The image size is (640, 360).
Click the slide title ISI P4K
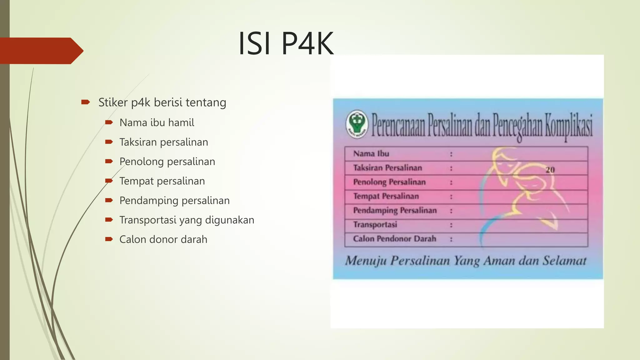tap(286, 43)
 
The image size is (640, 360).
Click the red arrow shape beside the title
tap(41, 51)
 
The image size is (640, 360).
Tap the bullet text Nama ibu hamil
tap(157, 122)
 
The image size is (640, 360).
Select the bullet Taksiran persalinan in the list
tap(163, 142)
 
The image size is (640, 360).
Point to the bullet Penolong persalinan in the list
tap(167, 162)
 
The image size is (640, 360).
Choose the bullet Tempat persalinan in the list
tap(162, 181)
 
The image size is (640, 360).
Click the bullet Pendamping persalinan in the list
tap(174, 200)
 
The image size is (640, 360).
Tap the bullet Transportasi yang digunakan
tap(187, 220)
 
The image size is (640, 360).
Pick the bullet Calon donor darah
tap(163, 239)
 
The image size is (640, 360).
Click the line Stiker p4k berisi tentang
tap(162, 102)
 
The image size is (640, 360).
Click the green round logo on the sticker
tap(357, 124)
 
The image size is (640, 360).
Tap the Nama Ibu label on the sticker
tap(371, 154)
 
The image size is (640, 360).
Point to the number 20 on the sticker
tap(550, 170)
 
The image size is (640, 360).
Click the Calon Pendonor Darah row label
tap(394, 239)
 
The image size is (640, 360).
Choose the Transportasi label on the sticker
tap(375, 225)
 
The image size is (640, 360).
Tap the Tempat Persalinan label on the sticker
tap(386, 196)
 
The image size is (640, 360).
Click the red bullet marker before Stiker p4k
tap(85, 102)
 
